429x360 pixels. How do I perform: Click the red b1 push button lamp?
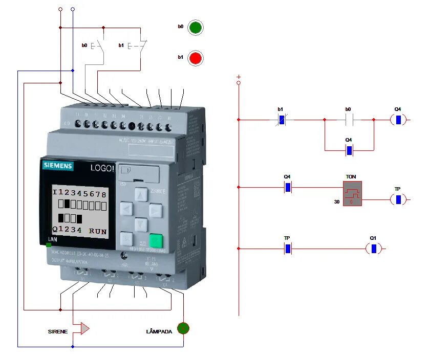coord(195,58)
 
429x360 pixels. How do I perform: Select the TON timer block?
coord(352,193)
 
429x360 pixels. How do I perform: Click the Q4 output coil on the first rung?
coord(398,120)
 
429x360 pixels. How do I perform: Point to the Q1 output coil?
coord(374,249)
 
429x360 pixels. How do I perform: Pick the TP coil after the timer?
coord(398,199)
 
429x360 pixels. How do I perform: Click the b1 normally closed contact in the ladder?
coord(281,120)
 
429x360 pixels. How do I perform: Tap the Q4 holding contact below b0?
coord(349,150)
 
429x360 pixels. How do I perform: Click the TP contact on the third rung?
coord(288,249)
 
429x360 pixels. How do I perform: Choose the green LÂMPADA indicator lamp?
coord(183,328)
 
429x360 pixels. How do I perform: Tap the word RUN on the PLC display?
coord(98,231)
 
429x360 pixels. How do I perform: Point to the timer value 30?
coord(337,202)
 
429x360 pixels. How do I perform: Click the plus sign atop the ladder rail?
coord(239,76)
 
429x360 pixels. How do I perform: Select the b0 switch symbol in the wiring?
coord(98,46)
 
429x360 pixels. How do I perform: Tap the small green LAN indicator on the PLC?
coord(49,244)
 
